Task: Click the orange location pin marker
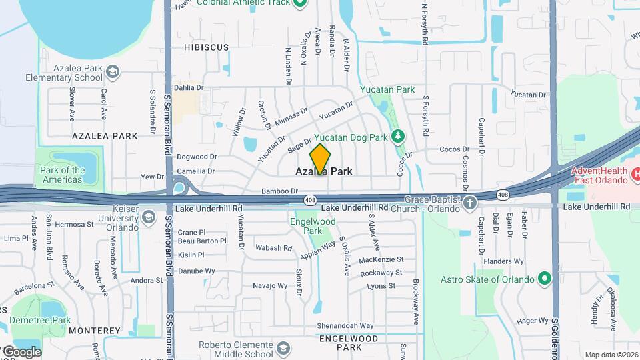(320, 159)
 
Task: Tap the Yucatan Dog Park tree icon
(398, 136)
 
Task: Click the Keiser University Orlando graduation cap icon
(148, 217)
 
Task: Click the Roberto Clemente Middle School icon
(283, 348)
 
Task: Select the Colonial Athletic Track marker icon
(300, 3)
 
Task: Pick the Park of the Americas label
(63, 175)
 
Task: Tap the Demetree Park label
(41, 321)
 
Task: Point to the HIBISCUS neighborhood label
(206, 48)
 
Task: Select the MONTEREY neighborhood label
(94, 331)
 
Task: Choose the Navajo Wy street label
(270, 286)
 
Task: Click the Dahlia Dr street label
(188, 87)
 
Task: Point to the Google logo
(21, 351)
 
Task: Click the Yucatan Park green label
(387, 89)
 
